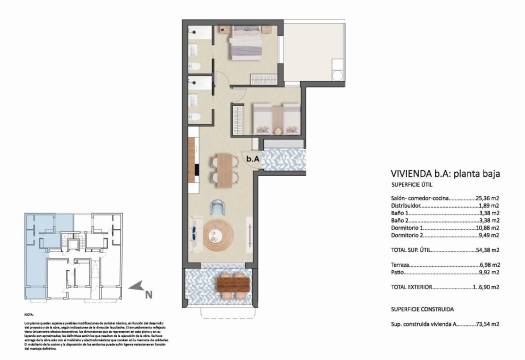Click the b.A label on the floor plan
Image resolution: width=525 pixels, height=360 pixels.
253,157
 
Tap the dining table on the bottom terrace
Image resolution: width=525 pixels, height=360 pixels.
233,285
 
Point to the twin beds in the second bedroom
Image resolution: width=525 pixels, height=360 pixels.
268,118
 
